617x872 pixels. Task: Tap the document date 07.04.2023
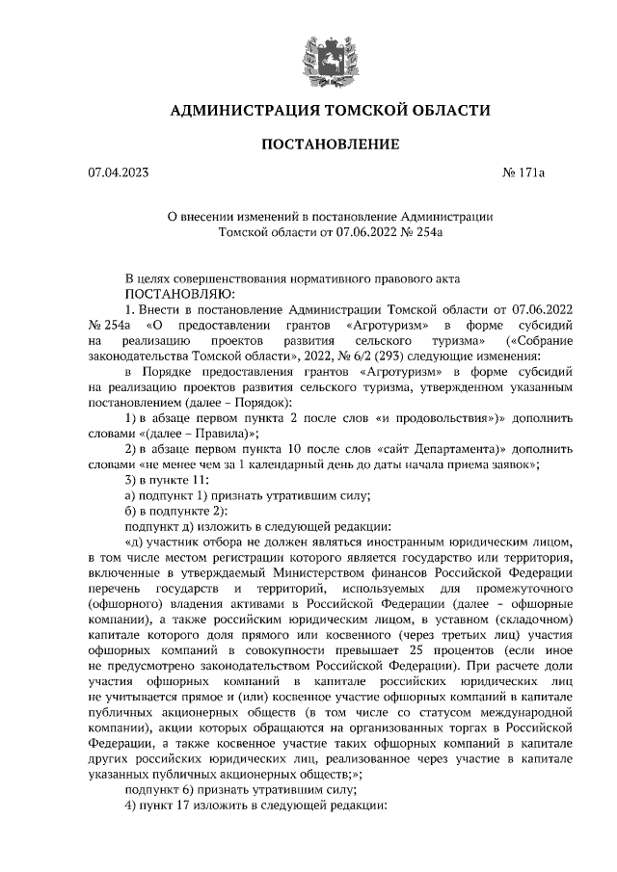pos(120,173)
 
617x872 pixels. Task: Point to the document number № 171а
pos(524,173)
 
